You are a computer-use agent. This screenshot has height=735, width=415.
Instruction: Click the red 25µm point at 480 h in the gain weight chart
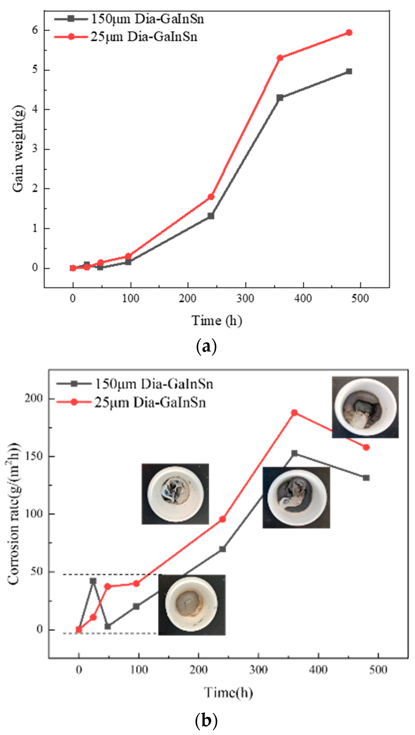(x=349, y=32)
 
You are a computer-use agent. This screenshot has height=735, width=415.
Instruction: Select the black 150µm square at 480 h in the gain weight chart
(x=349, y=71)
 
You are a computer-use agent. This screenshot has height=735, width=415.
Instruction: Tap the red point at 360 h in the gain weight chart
(x=280, y=58)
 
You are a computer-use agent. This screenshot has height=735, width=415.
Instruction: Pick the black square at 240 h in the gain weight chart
(x=211, y=216)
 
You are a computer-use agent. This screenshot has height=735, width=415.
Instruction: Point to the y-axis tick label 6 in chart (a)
(x=35, y=30)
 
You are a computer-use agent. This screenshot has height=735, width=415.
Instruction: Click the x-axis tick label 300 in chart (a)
(x=245, y=299)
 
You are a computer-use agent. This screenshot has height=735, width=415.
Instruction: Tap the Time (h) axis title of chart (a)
(x=217, y=320)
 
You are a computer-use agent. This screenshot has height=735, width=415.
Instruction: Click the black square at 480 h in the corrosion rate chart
(x=366, y=478)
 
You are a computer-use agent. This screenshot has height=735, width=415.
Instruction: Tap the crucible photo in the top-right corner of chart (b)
(x=365, y=407)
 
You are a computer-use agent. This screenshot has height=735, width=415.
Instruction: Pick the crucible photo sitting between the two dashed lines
(x=192, y=605)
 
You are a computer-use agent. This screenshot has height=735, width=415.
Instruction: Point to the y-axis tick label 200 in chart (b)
(x=34, y=399)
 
